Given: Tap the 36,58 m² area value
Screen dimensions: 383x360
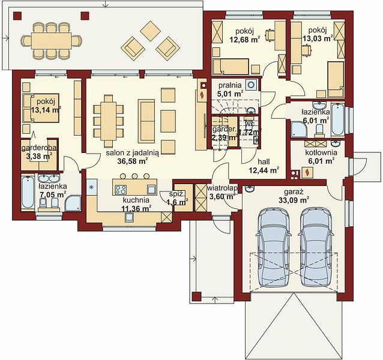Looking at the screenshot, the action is click(x=133, y=161).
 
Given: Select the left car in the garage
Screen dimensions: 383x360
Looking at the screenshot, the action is click(x=274, y=247).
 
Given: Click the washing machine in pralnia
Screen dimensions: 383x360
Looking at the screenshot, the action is click(x=251, y=85).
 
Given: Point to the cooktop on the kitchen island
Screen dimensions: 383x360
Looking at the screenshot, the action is click(x=121, y=190).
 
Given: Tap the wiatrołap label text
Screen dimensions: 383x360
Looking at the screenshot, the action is click(x=222, y=188).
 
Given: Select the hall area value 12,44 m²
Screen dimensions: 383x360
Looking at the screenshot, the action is click(x=264, y=170).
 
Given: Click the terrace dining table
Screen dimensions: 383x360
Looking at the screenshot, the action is click(x=52, y=41).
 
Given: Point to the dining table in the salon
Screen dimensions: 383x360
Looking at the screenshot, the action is click(x=108, y=121).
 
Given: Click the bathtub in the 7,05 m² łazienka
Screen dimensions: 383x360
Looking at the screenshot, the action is click(x=28, y=192).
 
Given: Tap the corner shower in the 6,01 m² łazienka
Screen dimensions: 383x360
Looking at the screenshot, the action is click(x=298, y=129).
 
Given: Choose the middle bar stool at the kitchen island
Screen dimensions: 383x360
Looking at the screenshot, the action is click(x=134, y=176).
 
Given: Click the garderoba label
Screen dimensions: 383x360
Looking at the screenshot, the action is click(x=40, y=148).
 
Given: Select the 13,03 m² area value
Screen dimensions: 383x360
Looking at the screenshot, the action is click(x=318, y=38).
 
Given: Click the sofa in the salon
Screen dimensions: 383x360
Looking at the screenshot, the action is click(x=146, y=121).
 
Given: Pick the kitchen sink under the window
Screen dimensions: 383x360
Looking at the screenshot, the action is click(x=130, y=217).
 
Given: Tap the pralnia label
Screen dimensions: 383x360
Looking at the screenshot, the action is click(x=230, y=85).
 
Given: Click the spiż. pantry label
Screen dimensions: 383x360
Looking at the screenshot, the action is click(x=177, y=194).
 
